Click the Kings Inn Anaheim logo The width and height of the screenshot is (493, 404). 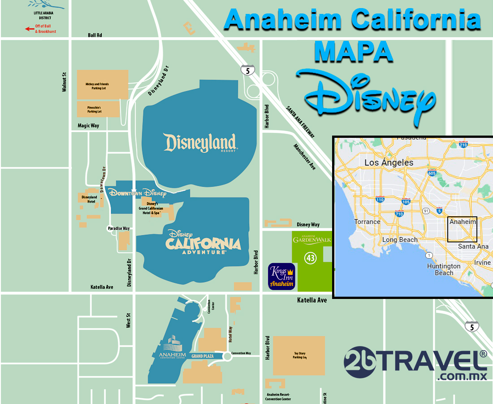(281, 276)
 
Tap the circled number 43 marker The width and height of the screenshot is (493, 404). (310, 258)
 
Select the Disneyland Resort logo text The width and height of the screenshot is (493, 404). (200, 143)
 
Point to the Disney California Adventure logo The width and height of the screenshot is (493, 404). (203, 242)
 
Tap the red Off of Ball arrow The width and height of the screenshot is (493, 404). (30, 29)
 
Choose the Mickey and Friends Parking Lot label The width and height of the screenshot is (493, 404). (97, 86)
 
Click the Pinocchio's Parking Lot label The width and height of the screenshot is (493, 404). (94, 109)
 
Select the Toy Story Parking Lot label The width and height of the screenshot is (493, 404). (299, 356)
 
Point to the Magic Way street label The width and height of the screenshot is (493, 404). (88, 126)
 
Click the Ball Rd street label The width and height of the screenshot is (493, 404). (95, 35)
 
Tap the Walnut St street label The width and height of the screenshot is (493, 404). (64, 82)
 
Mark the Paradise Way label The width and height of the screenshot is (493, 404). (119, 228)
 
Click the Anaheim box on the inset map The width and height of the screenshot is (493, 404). (462, 229)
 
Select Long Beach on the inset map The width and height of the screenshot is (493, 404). (400, 240)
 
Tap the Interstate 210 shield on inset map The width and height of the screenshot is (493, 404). (463, 145)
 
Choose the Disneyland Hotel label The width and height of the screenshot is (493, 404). (89, 199)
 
